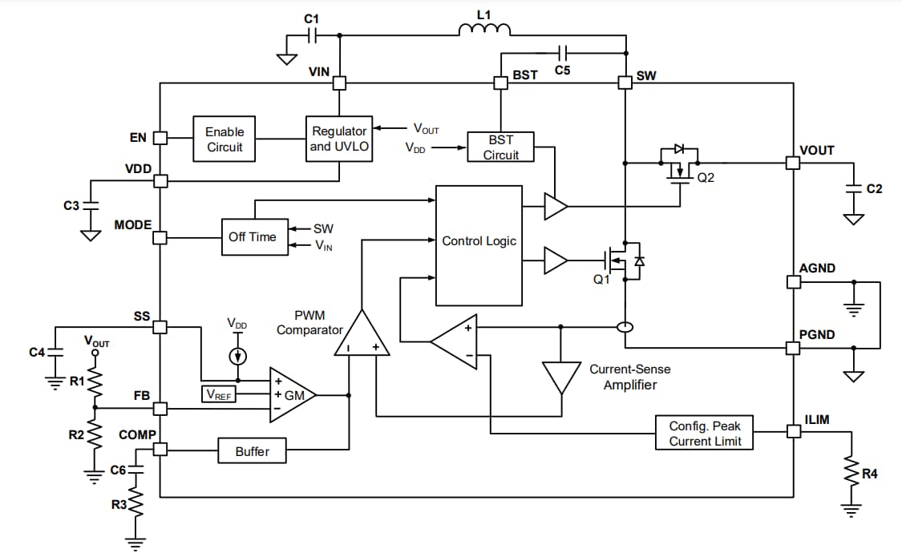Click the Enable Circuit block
pos(224,139)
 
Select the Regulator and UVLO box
pos(340,139)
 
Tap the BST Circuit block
pos(500,147)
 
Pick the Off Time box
pos(253,236)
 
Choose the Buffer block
pos(252,451)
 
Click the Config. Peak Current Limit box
pos(705,433)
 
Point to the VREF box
pos(219,394)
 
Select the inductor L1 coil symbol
pos(484,30)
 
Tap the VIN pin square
pos(340,83)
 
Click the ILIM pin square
pos(793,432)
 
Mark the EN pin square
pos(160,138)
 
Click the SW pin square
pos(624,83)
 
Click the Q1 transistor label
pos(601,280)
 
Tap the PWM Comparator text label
pos(309,323)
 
